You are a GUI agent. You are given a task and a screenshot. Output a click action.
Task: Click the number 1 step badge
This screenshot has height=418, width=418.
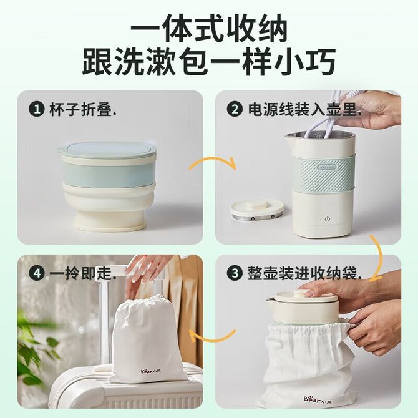pos(37,109)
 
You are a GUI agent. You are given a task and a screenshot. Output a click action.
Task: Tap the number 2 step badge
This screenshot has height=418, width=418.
pos(235,109)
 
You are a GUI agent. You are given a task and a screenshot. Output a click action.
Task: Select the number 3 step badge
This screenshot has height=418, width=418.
pos(235,273)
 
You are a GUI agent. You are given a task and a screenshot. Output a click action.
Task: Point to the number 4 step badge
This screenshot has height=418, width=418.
pos(37,273)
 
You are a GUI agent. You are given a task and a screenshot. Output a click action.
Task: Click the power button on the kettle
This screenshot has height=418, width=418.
pos(328,219)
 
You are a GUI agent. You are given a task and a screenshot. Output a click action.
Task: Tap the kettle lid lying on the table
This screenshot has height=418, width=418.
pos(257,210)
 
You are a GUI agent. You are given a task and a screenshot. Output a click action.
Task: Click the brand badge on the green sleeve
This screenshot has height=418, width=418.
pos(327,167)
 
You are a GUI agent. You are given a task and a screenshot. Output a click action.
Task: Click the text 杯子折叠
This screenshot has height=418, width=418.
pos(82,109)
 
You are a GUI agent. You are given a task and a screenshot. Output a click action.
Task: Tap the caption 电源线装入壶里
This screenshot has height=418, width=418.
pos(304,109)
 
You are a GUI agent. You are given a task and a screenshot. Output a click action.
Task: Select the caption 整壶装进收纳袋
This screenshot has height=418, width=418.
pos(304,273)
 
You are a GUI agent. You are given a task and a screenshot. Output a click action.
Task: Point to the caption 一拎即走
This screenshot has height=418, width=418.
pos(82,273)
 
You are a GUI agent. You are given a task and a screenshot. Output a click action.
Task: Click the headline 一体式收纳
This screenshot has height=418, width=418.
pos(209,29)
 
